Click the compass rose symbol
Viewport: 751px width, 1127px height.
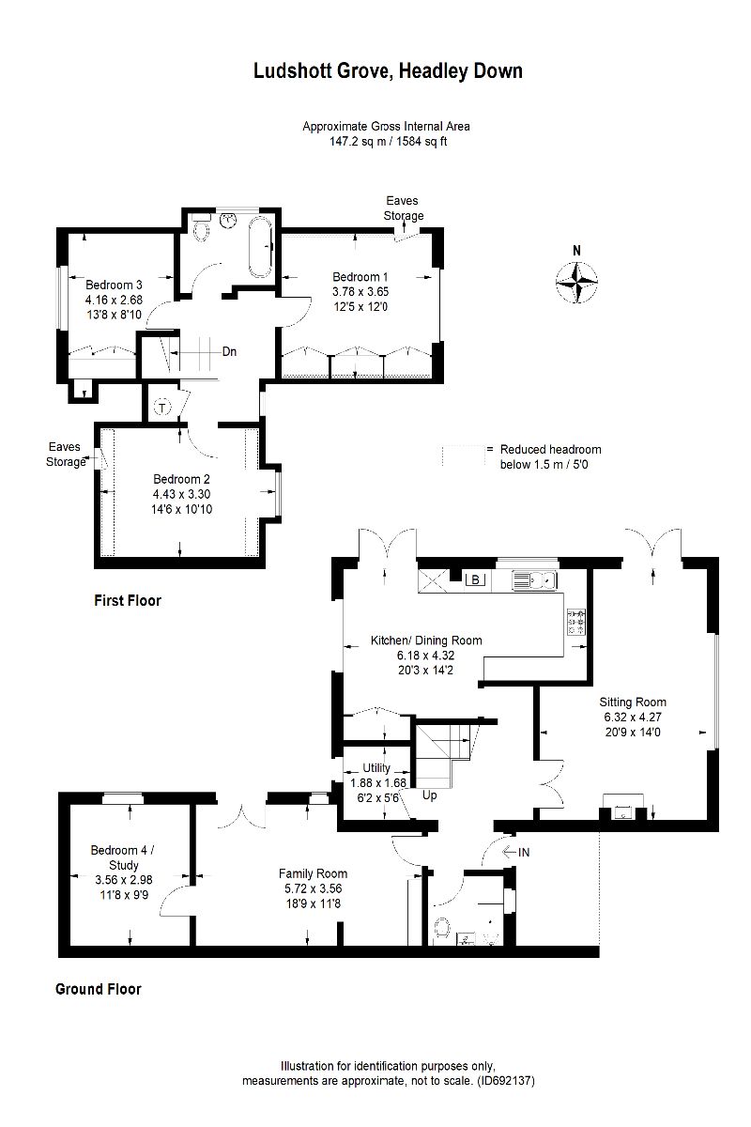(576, 281)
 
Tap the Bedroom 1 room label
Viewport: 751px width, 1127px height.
(360, 277)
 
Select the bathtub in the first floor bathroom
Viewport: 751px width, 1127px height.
(261, 246)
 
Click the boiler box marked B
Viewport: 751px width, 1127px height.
(475, 579)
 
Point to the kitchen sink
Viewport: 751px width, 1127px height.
(534, 579)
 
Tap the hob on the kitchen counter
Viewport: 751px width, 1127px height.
(577, 622)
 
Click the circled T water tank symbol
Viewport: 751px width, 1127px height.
(162, 407)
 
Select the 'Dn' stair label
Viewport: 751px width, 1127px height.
(229, 351)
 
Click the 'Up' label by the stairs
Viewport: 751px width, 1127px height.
(430, 795)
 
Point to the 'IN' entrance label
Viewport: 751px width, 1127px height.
(524, 853)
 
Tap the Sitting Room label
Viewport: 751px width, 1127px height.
(633, 702)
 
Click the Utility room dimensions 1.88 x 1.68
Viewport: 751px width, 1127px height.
(377, 783)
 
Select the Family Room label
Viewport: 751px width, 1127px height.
(313, 874)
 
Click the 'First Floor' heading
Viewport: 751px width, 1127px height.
(128, 600)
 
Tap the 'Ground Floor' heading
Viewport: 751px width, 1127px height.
(99, 989)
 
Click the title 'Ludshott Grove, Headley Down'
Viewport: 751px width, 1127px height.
(388, 71)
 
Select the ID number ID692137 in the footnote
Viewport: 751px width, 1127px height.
(505, 1080)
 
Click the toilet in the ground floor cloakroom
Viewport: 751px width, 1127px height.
(441, 929)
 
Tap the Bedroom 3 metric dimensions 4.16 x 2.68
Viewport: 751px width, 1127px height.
(114, 300)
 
